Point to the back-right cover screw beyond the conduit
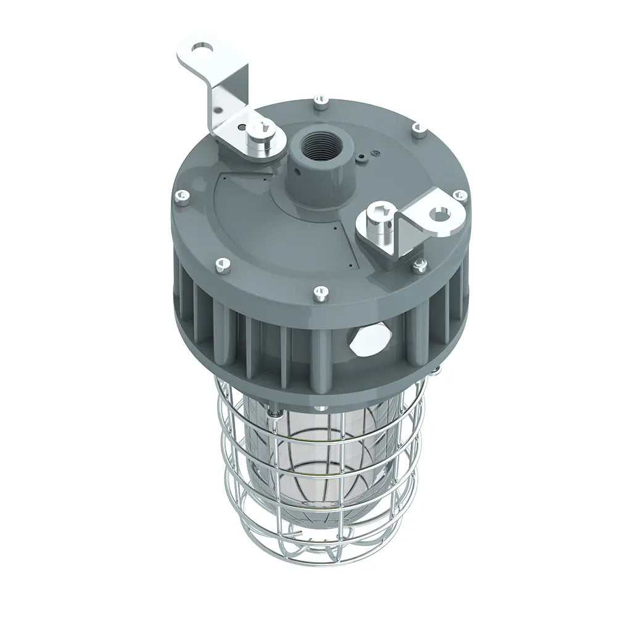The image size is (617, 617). [x=417, y=128]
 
